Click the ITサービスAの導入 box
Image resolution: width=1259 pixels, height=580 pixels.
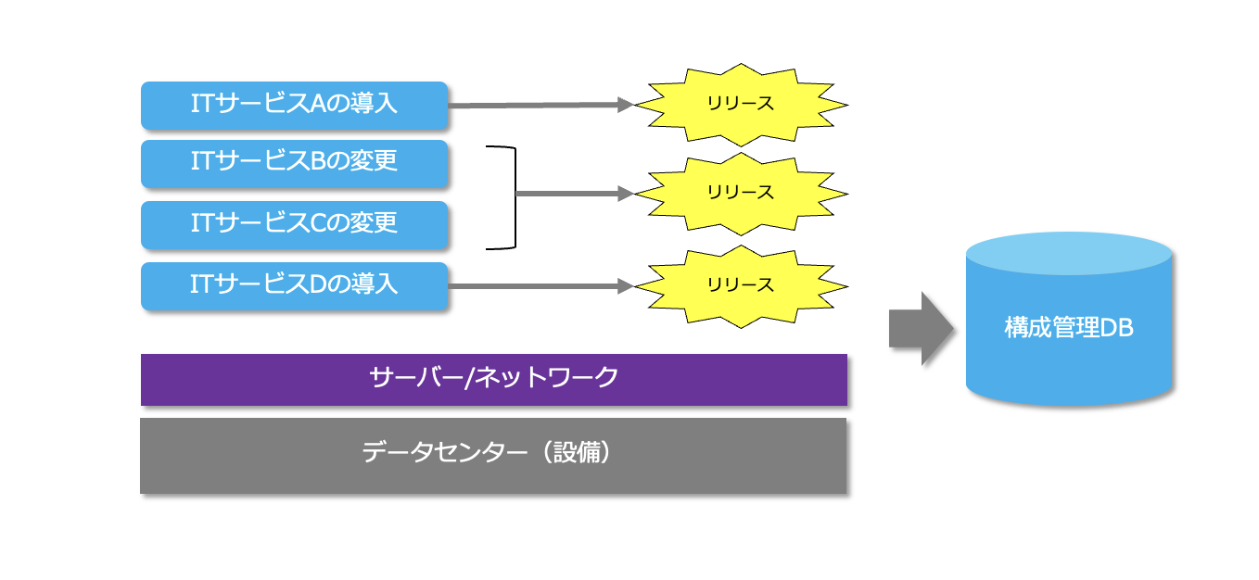coord(294,105)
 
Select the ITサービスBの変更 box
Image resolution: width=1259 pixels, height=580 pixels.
coord(294,163)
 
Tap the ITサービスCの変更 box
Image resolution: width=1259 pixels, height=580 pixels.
coord(294,224)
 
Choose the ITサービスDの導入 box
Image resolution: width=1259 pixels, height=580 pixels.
coord(294,285)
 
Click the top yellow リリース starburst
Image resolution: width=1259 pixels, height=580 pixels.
coord(739,104)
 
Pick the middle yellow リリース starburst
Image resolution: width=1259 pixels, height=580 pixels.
coord(739,194)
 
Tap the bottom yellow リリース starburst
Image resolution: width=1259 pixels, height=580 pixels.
coord(739,285)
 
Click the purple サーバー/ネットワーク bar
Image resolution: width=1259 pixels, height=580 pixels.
coord(493,379)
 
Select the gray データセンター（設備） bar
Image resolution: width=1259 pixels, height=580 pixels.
coord(492,455)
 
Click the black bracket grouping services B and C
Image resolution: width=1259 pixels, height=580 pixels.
coord(511,196)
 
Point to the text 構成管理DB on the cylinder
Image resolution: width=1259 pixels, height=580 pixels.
coord(1069,328)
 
